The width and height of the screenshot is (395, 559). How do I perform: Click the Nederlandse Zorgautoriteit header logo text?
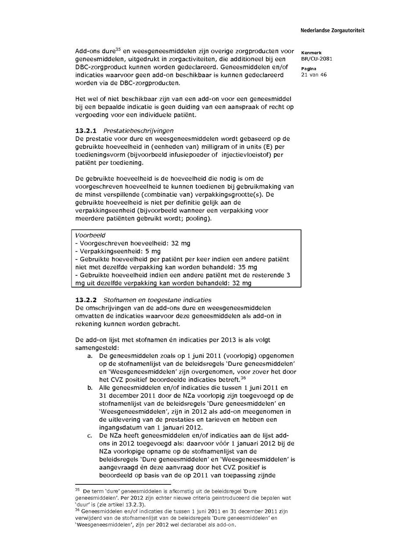click(332, 30)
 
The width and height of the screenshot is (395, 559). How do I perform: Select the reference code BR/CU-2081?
click(316, 58)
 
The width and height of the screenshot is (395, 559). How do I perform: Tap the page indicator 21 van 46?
click(314, 74)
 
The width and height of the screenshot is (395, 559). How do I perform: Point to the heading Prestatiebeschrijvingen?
click(138, 131)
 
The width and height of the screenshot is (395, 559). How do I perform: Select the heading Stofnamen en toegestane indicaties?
click(157, 300)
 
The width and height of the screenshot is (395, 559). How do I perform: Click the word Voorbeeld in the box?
click(88, 235)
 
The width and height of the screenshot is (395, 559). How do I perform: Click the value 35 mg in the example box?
click(247, 267)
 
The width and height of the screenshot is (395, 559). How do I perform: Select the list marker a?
click(90, 356)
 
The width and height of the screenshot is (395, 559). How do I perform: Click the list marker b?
click(90, 388)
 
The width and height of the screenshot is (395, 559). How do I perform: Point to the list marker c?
click(90, 435)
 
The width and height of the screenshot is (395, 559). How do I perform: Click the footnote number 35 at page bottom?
click(77, 489)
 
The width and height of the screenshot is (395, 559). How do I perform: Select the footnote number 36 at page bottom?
click(77, 510)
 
